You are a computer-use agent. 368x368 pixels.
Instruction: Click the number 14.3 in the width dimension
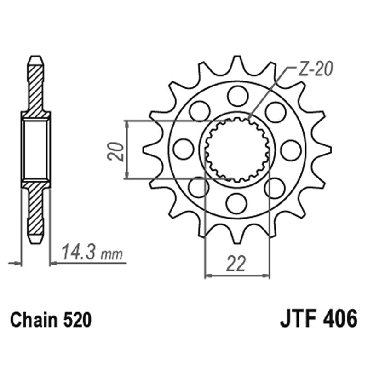pos(78,253)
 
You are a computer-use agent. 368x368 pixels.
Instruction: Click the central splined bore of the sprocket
pos(237,149)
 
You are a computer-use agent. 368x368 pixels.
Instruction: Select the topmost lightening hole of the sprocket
pos(237,96)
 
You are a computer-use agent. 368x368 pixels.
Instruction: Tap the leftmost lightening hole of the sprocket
pos(184,149)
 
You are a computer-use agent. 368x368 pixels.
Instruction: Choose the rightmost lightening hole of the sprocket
pos(291,149)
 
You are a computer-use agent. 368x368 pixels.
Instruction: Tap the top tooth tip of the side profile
pos(35,59)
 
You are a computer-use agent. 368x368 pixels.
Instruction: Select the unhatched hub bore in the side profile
pos(35,149)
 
